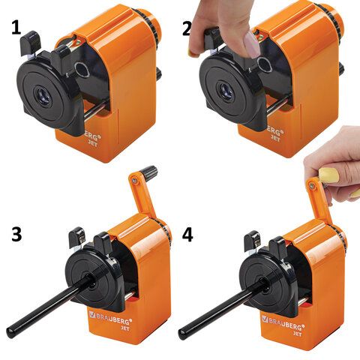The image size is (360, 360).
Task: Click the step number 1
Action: pyautogui.click(x=16, y=27)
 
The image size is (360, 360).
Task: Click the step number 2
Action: pyautogui.click(x=187, y=29)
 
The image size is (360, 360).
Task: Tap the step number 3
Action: pyautogui.click(x=16, y=234)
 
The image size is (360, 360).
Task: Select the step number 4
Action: pyautogui.click(x=187, y=235)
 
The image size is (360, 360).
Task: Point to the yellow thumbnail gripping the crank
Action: pyautogui.click(x=328, y=175)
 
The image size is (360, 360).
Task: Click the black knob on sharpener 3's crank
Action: pyautogui.click(x=148, y=172)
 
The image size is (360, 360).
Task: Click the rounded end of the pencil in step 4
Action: pyautogui.click(x=182, y=334)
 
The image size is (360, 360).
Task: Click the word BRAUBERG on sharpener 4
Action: pyautogui.click(x=286, y=323)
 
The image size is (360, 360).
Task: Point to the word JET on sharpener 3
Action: pyautogui.click(x=126, y=328)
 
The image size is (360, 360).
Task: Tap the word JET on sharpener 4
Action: pyautogui.click(x=298, y=334)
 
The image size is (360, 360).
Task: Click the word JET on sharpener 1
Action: pyautogui.click(x=93, y=143)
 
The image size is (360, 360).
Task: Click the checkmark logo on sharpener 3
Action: pyautogui.click(x=92, y=314)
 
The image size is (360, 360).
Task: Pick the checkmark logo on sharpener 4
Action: pyautogui.click(x=265, y=319)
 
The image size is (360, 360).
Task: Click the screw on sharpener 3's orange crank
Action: pyautogui.click(x=135, y=181)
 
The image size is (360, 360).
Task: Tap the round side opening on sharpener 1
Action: pyautogui.click(x=82, y=70)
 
